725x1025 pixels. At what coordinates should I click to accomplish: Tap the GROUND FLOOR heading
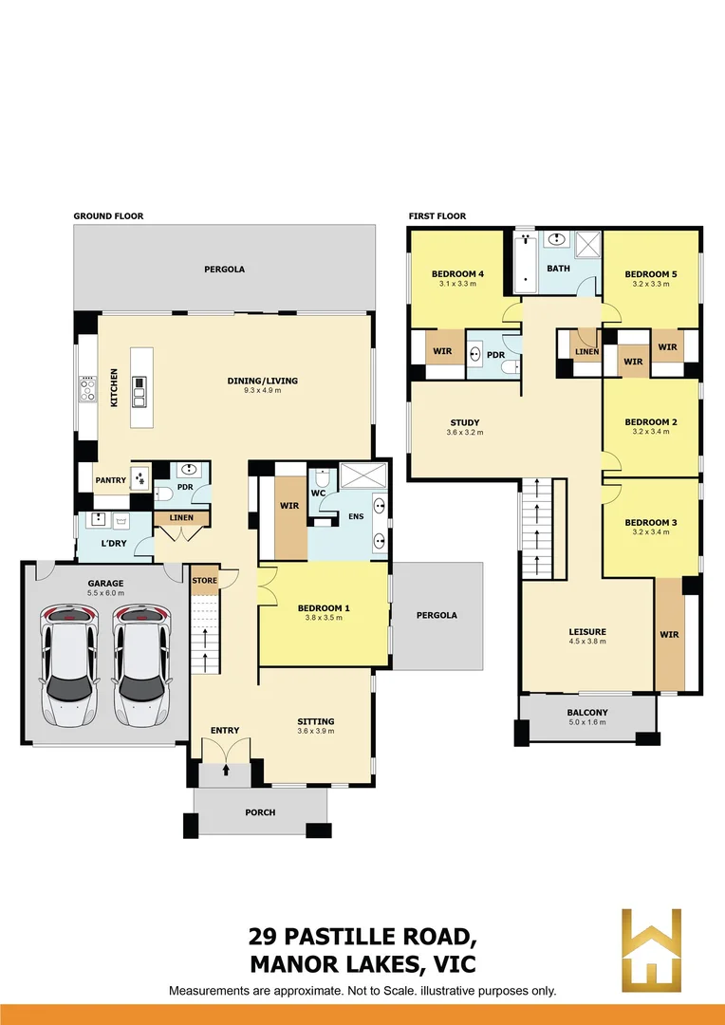point(108,216)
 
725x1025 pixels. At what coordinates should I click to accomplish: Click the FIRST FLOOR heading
point(437,216)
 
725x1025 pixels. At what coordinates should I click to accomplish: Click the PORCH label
point(260,812)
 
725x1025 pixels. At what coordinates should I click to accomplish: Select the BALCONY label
point(587,713)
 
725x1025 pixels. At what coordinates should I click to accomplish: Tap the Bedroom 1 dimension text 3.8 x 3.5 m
point(324,617)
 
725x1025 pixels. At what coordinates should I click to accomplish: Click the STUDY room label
point(465,422)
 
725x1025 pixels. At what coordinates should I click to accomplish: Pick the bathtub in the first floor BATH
point(525,262)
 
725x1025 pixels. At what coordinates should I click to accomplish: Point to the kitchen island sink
point(139,384)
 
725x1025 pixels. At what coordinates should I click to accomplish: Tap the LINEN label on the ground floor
point(181,518)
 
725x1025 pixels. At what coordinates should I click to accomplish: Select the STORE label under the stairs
point(204,580)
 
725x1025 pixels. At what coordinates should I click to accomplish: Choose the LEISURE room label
point(586,631)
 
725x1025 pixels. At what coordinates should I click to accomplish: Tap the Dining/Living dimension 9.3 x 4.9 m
point(262,390)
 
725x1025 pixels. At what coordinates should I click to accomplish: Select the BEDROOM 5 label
point(651,274)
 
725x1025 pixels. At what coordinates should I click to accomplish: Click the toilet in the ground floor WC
point(324,479)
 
